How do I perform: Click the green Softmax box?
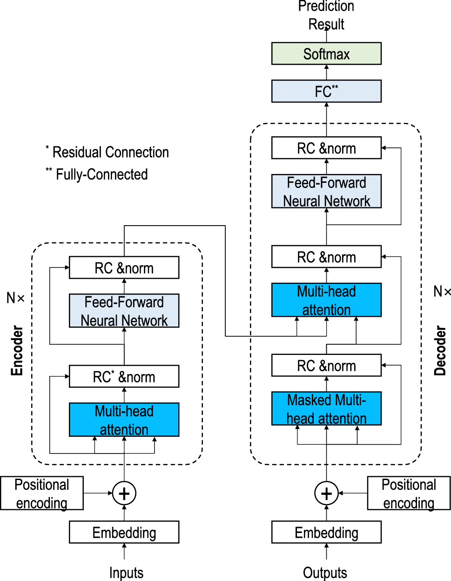click(x=326, y=53)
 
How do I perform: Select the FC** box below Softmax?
click(x=326, y=91)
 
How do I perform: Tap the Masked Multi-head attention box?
click(x=326, y=408)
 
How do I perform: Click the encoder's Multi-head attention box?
click(x=124, y=420)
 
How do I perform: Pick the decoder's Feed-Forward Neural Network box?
click(x=326, y=191)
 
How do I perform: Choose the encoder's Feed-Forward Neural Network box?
click(x=124, y=311)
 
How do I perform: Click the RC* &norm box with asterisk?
click(x=124, y=376)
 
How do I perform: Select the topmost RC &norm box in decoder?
click(x=326, y=148)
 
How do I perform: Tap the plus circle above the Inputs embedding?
click(x=124, y=494)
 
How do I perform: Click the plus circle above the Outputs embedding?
click(x=326, y=494)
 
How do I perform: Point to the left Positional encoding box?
click(x=42, y=493)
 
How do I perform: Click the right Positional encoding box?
click(x=409, y=493)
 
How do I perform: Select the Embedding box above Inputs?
click(x=124, y=532)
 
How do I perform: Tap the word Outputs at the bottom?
click(x=325, y=573)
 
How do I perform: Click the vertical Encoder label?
click(x=17, y=350)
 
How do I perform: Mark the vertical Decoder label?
click(x=440, y=350)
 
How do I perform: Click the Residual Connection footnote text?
click(x=110, y=152)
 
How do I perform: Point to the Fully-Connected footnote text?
click(x=101, y=174)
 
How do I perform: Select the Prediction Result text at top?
click(x=326, y=15)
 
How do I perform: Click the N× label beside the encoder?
click(x=16, y=298)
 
